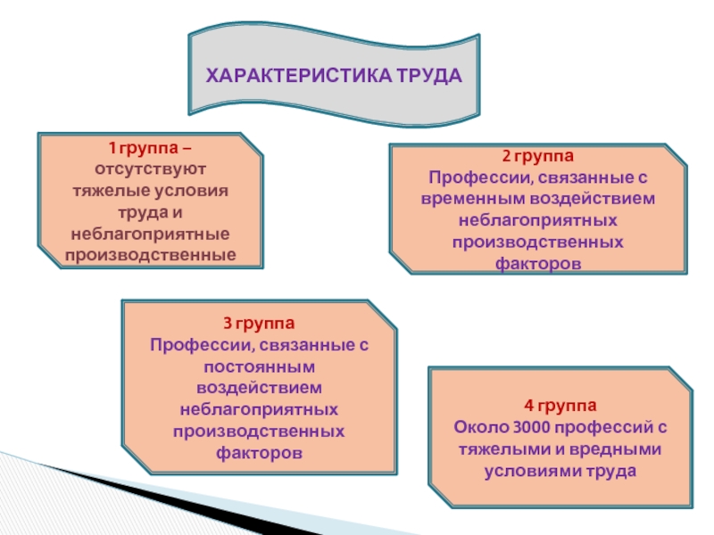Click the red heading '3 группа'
259,322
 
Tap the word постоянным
259,366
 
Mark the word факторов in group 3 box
259,453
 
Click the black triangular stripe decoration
134,499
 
